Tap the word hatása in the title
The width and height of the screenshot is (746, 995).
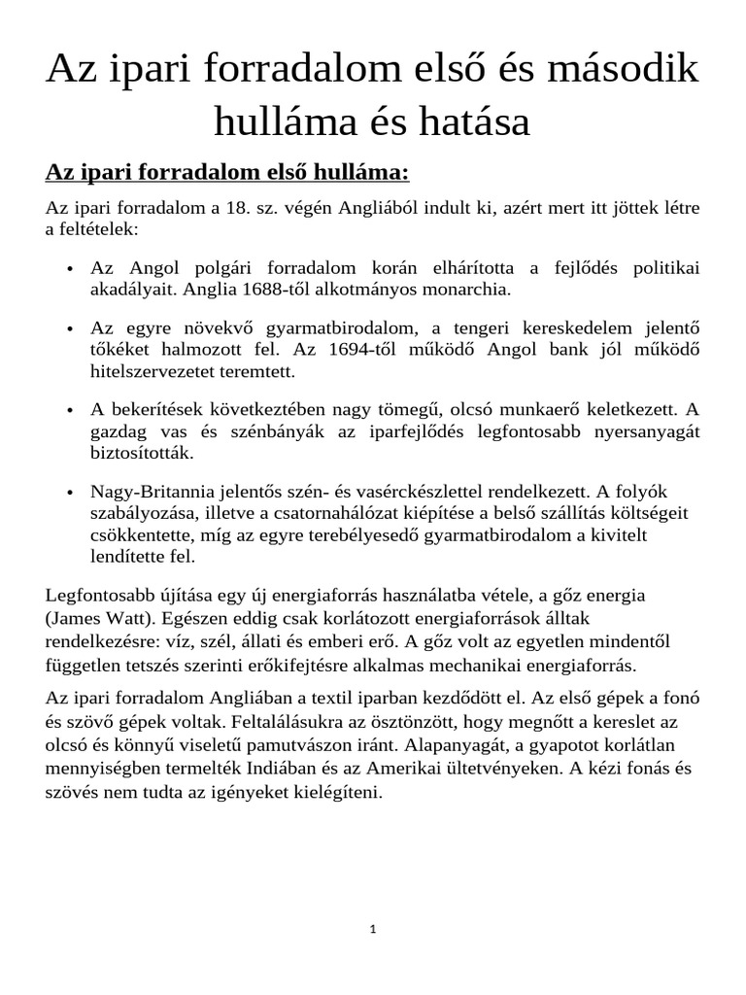pos(473,121)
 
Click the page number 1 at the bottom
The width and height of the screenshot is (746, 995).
pos(373,929)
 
